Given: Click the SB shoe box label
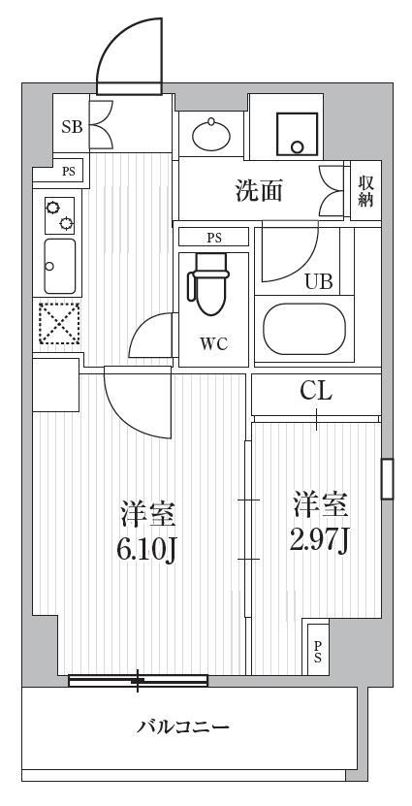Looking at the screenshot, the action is pyautogui.click(x=73, y=127).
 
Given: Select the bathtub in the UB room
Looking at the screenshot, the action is pyautogui.click(x=304, y=329).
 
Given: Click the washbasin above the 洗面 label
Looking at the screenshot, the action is pyautogui.click(x=210, y=134).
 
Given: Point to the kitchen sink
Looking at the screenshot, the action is pyautogui.click(x=59, y=267).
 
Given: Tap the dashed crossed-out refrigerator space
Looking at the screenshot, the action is pyautogui.click(x=59, y=323).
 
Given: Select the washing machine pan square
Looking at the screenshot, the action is pyautogui.click(x=297, y=134).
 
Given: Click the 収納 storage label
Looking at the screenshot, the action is pyautogui.click(x=365, y=191).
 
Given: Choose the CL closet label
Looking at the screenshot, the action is pyautogui.click(x=316, y=393).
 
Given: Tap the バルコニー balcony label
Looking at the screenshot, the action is pyautogui.click(x=183, y=727).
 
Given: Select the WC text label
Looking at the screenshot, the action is pyautogui.click(x=213, y=344).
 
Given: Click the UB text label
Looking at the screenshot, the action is pyautogui.click(x=319, y=281).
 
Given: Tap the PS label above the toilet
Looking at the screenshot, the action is pyautogui.click(x=215, y=238).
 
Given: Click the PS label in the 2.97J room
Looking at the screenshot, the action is pyautogui.click(x=319, y=651).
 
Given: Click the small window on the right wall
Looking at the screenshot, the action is pyautogui.click(x=387, y=479).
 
